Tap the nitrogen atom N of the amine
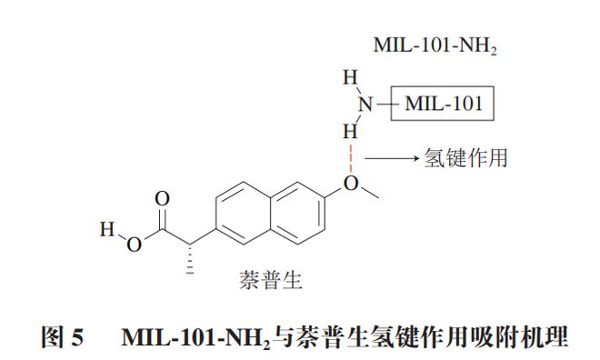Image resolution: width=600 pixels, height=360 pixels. pos(364,105)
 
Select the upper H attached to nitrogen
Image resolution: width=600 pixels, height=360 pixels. pos(349,80)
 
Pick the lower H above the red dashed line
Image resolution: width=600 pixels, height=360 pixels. pos(349,129)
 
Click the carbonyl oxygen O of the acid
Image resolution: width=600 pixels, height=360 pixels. pos(163,198)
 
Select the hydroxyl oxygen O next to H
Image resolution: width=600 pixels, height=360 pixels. pos(133,242)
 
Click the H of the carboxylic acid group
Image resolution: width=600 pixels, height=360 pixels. pos(106,227)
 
